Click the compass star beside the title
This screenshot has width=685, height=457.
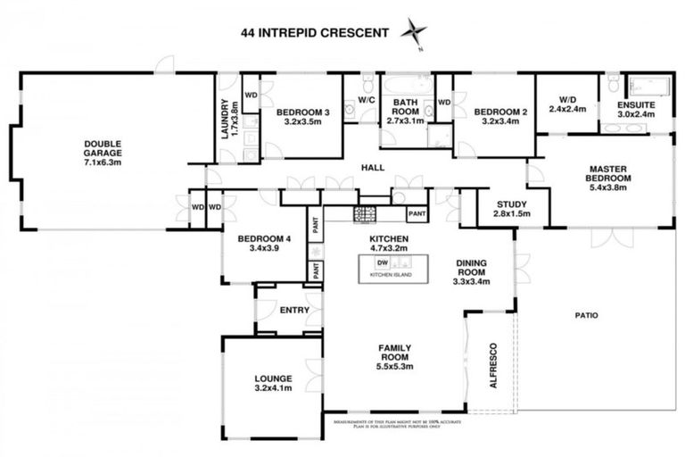pyautogui.click(x=414, y=31)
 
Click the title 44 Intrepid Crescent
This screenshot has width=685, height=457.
pyautogui.click(x=315, y=33)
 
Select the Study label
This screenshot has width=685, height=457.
pyautogui.click(x=511, y=203)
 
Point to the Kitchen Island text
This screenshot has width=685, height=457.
pyautogui.click(x=392, y=276)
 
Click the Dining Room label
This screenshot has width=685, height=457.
pyautogui.click(x=471, y=268)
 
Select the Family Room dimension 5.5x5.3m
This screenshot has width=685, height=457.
pyautogui.click(x=392, y=366)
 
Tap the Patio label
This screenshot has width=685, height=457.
pyautogui.click(x=586, y=315)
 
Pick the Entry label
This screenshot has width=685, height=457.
pyautogui.click(x=294, y=311)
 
